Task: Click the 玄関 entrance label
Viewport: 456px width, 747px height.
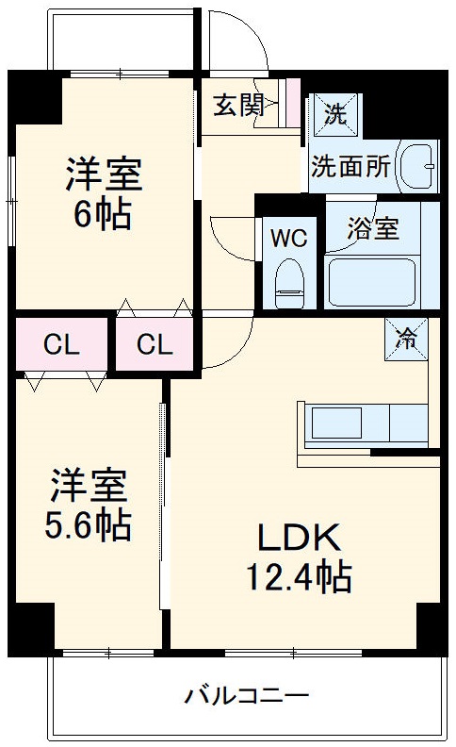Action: [x=237, y=105]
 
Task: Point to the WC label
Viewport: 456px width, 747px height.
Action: [x=289, y=238]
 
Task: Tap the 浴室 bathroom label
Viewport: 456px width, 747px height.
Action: [x=372, y=229]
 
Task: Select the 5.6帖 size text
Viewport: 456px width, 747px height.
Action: [x=89, y=524]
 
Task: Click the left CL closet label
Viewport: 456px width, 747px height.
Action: [x=61, y=345]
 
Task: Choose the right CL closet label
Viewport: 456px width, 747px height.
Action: [x=155, y=345]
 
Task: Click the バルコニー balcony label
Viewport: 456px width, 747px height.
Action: [x=246, y=698]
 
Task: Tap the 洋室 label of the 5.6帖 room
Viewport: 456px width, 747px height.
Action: [x=89, y=488]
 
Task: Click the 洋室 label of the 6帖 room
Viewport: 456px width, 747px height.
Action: [x=104, y=176]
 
